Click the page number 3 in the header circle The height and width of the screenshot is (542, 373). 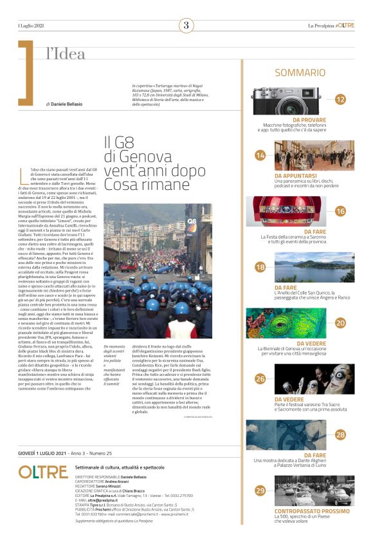pos(186,26)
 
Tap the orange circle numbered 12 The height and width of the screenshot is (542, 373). pos(341,99)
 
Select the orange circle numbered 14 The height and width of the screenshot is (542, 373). pos(260,155)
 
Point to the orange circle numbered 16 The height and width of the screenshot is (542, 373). pos(341,211)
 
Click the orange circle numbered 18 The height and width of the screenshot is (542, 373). pos(260,267)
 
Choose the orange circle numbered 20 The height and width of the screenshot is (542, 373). pos(341,322)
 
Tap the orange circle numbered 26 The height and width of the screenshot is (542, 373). pos(260,378)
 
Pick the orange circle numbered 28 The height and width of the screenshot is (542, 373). pos(341,435)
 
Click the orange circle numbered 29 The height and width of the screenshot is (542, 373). pos(260,491)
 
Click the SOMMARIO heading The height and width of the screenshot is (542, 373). pos(300,73)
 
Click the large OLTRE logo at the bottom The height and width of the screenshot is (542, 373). pos(44,472)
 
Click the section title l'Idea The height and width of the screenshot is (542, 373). pos(66,54)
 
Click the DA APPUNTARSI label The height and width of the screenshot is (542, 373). pos(295,175)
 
